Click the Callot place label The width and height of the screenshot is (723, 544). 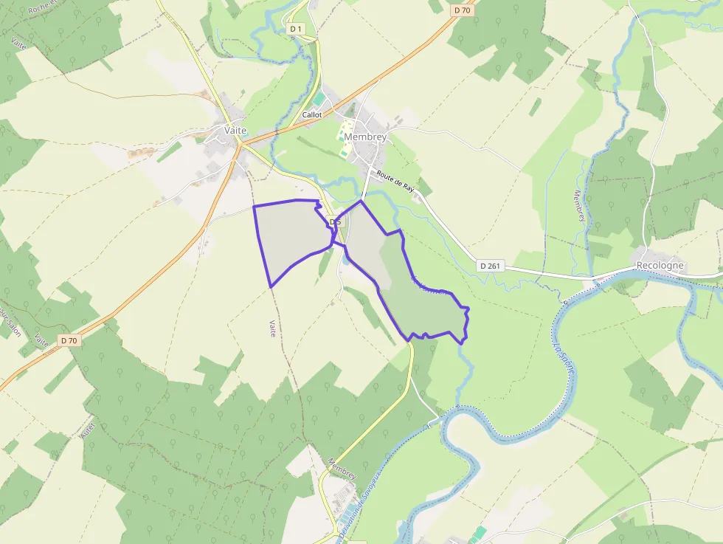[x=312, y=115]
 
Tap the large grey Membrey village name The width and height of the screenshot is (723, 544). [x=365, y=137]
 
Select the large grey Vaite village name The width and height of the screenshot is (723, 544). [x=235, y=130]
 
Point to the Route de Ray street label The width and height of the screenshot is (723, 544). [x=395, y=182]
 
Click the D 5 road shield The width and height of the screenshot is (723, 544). [x=334, y=221]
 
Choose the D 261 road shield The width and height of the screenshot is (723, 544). [x=491, y=266]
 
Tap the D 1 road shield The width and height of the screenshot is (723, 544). [x=296, y=29]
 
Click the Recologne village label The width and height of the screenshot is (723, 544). [x=660, y=266]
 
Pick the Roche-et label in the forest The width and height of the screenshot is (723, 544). [x=44, y=8]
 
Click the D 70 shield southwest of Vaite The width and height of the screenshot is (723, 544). [x=69, y=340]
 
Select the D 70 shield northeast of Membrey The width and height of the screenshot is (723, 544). [x=463, y=10]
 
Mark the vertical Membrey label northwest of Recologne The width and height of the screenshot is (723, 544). [x=579, y=207]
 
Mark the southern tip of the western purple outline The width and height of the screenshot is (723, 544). [x=271, y=286]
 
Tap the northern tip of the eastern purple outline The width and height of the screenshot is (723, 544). [x=361, y=201]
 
